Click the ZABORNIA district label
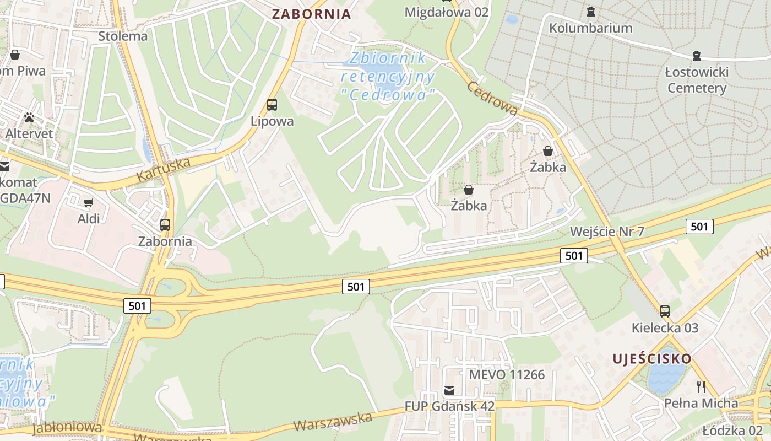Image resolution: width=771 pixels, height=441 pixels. point(311,14)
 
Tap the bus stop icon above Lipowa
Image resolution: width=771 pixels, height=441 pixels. point(272,104)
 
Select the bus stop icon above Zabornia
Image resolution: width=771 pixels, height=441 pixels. point(165,224)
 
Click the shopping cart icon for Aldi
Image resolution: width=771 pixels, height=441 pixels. point(88,202)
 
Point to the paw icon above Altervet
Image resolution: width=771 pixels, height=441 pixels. point(29,117)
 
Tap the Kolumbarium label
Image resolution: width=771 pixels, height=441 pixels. point(590,28)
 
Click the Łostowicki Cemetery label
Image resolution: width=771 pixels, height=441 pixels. point(697,80)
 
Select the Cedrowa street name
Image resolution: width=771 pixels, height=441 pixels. point(492,98)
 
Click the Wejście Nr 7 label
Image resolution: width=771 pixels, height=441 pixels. point(607,231)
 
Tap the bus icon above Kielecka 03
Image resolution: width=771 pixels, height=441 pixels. point(665,311)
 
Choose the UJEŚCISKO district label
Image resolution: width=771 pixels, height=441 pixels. point(651,359)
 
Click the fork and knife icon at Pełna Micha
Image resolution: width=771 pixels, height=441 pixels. point(701,386)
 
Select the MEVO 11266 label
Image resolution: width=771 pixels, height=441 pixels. point(506,375)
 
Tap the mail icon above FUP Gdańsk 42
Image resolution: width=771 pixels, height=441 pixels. point(449,390)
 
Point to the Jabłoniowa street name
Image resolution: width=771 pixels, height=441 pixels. point(67,428)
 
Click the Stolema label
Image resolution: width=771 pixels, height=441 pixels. point(123,36)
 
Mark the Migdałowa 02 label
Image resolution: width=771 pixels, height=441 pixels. point(446,12)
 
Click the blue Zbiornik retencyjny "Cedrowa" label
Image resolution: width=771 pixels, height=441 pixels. point(389,76)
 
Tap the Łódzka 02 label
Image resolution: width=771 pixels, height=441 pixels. point(732,431)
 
